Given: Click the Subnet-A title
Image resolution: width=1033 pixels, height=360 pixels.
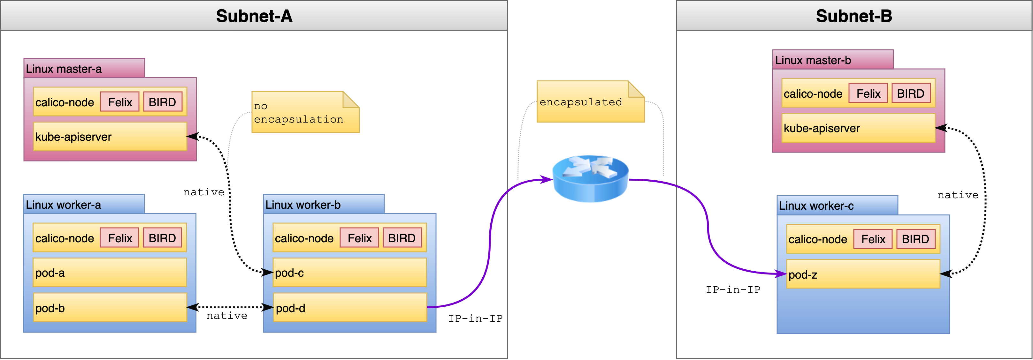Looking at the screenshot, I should coord(254,16).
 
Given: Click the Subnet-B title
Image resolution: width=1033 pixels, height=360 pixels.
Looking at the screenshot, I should coord(854,16).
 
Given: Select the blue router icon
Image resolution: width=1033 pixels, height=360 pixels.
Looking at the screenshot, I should coord(590,179).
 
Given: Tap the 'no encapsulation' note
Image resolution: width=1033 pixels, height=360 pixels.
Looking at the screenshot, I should coord(305,113).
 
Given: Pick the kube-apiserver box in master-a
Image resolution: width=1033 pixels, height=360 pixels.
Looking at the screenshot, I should coord(110,137).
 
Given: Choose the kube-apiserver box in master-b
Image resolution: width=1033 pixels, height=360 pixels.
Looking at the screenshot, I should coord(858,128).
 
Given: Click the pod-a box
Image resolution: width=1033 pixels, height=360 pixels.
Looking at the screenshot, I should coord(110,273).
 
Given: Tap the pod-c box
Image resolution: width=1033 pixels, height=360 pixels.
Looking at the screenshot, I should coord(349,273).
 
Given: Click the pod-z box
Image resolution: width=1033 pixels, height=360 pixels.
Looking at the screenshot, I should coord(863,274).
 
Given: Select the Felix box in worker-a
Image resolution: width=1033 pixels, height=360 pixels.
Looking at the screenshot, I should coord(119,238).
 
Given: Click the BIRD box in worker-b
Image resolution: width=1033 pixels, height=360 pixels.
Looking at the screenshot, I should coord(402,238).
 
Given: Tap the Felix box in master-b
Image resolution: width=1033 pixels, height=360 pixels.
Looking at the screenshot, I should coord(868,94).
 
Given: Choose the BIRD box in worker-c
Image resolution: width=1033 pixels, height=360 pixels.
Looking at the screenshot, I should coord(915,239).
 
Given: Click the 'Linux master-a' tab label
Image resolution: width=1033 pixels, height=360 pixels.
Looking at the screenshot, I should coord(64,69).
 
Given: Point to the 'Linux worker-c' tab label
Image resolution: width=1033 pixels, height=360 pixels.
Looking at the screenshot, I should coord(816,206).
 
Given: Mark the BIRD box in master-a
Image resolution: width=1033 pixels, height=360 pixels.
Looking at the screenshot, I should coord(162,102).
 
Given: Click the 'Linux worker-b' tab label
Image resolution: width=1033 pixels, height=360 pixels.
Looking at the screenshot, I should coord(303,205).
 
